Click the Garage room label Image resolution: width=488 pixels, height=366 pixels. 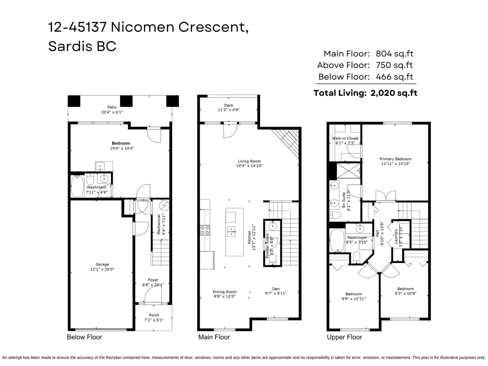tap(102, 264)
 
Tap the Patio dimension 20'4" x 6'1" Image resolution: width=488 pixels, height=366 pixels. tap(112, 112)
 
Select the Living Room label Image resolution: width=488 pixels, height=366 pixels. tap(249, 161)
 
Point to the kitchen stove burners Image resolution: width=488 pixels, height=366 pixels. tap(205, 230)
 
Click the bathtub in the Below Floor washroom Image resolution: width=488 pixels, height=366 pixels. tap(77, 186)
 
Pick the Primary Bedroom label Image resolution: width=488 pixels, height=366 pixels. tap(396, 159)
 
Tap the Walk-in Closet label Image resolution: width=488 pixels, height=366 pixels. tap(345, 138)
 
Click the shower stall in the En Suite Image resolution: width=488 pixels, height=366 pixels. tap(348, 171)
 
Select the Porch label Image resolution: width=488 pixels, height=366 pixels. tap(154, 315)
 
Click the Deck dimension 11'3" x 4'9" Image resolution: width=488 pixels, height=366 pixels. tap(228, 110)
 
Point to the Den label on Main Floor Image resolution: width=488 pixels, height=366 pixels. tap(276, 289)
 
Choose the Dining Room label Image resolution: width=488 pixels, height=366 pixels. tap(224, 292)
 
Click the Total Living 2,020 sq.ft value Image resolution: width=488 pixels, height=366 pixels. tap(394, 93)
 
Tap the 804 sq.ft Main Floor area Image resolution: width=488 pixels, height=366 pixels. tap(395, 54)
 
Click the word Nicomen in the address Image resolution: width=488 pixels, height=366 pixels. tap(142, 27)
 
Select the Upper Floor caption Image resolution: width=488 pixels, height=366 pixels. tap(344, 337)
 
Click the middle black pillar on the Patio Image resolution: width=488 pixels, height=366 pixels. tap(126, 101)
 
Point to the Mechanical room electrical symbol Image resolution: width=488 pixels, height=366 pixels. tap(164, 206)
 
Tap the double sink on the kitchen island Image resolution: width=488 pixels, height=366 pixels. tap(231, 232)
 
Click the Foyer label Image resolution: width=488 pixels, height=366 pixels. tap(153, 280)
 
